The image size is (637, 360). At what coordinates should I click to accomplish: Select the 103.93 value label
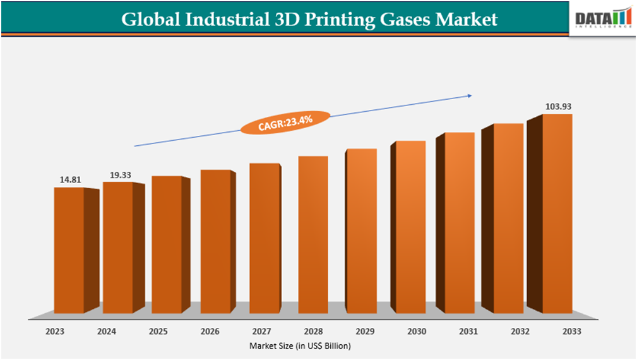click(x=557, y=106)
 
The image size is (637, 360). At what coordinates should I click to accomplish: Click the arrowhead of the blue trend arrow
click(x=469, y=96)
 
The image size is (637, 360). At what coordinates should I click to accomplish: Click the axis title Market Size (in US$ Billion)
click(x=300, y=345)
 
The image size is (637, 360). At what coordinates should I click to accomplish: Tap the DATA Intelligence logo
click(x=602, y=20)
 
